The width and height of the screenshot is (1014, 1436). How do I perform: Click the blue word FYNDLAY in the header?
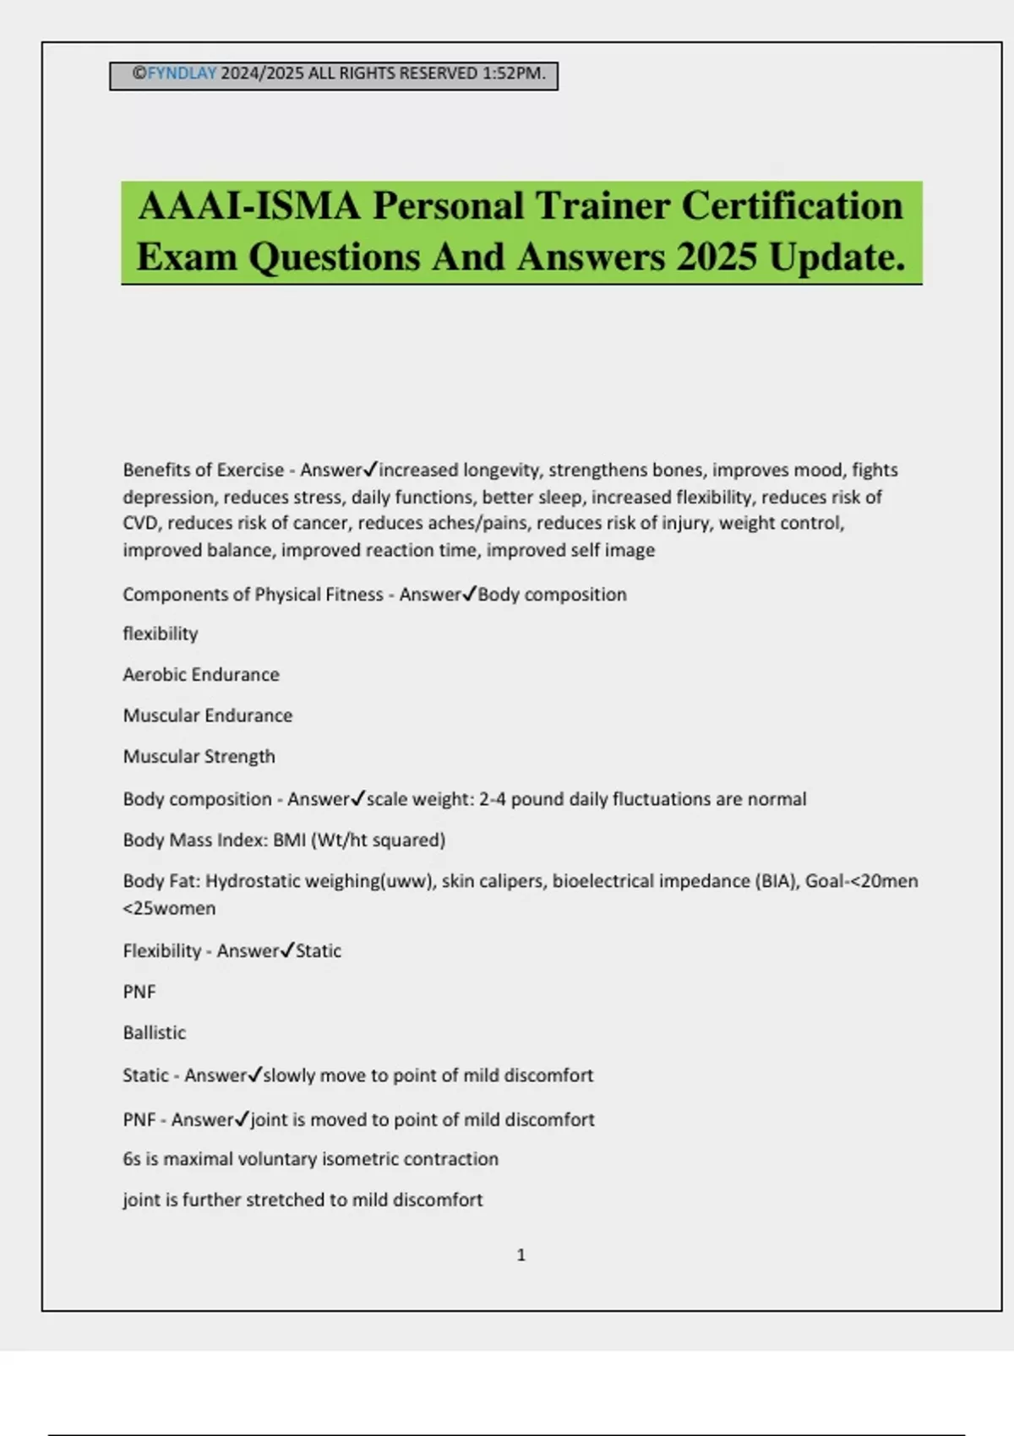[x=183, y=73]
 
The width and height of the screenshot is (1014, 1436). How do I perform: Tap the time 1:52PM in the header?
[x=514, y=73]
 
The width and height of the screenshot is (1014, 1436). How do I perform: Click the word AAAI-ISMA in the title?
[x=249, y=206]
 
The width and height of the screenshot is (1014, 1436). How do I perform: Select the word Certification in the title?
[x=792, y=206]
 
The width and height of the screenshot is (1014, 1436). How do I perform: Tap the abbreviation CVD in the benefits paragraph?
[x=140, y=523]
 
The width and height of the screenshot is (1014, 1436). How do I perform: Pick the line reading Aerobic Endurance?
[x=201, y=674]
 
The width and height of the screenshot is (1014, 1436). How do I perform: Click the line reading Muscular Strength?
[x=199, y=756]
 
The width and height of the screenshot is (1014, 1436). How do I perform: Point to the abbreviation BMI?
[x=289, y=840]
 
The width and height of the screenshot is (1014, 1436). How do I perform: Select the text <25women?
[x=169, y=908]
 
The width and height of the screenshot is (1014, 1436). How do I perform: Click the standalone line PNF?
[x=139, y=992]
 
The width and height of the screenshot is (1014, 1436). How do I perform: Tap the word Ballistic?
[x=155, y=1032]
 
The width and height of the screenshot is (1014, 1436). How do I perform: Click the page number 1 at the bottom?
[x=521, y=1255]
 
